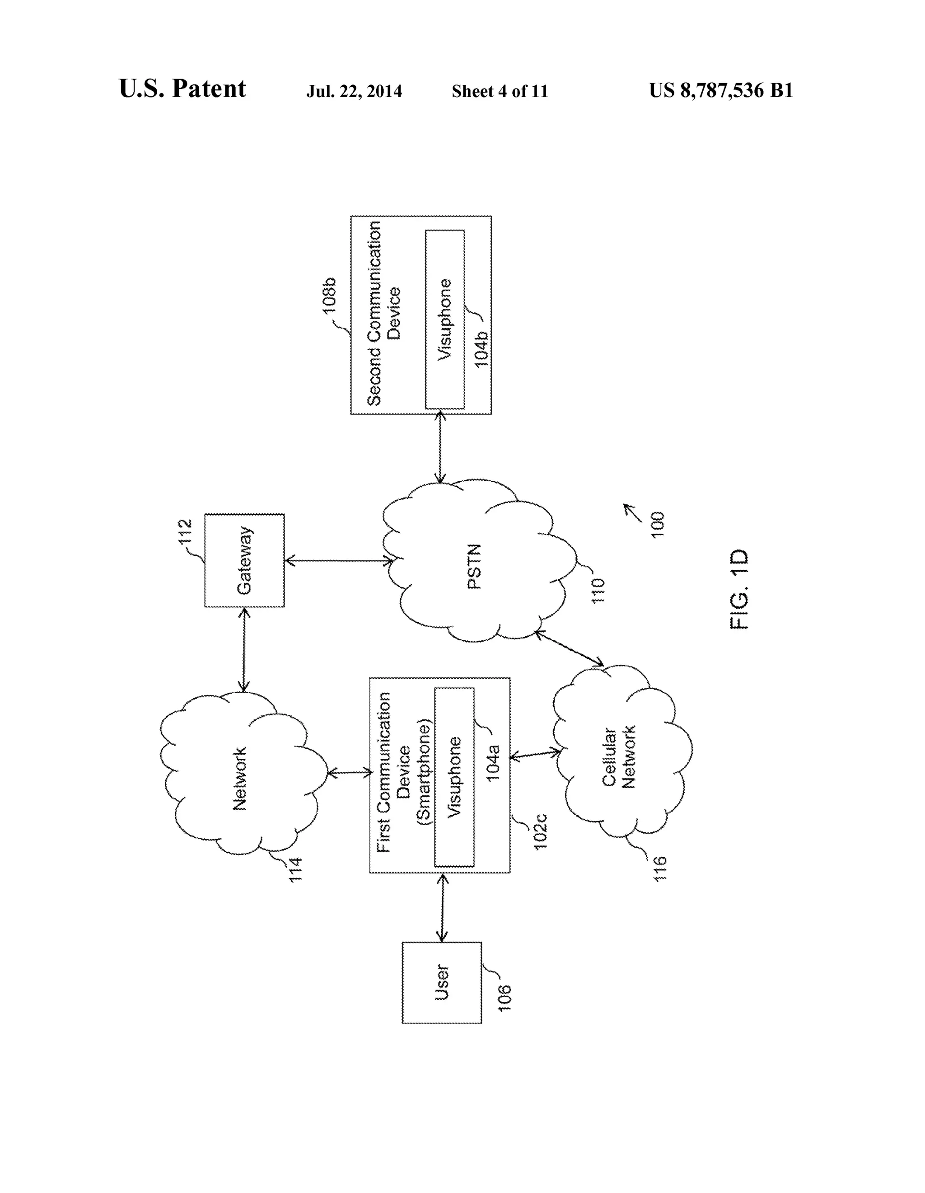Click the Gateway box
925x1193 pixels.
pos(244,560)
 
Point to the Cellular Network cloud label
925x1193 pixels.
pos(619,756)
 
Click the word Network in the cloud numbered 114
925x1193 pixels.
pos(240,779)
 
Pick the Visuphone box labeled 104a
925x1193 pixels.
pos(454,777)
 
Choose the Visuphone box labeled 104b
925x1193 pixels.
pos(444,319)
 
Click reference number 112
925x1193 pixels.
pos(186,531)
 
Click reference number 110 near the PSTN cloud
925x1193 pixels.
pos(598,591)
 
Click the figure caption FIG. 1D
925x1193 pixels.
pos(739,589)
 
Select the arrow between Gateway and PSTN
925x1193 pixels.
pos(339,560)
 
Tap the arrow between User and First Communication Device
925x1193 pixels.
pos(442,907)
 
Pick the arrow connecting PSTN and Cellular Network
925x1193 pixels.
pos(570,648)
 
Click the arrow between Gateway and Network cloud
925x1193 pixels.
pos(244,650)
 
